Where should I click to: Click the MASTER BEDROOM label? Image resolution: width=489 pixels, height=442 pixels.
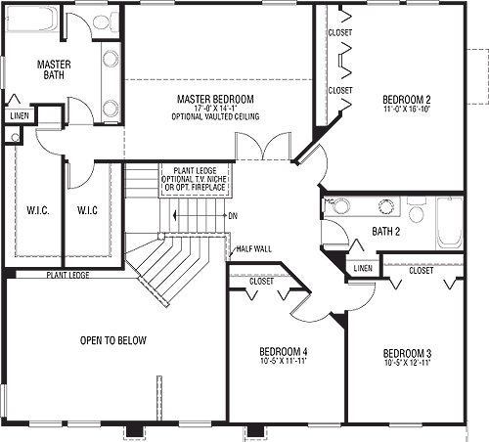(215, 99)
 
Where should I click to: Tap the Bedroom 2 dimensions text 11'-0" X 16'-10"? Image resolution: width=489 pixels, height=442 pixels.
(407, 109)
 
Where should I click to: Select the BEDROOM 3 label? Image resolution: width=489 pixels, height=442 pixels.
(407, 353)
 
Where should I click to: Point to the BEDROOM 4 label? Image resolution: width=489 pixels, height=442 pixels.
(284, 352)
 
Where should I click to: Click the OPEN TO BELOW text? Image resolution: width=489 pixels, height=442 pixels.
(113, 340)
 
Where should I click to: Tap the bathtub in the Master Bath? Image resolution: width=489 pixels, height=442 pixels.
(32, 19)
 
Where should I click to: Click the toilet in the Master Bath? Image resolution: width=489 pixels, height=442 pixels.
(106, 22)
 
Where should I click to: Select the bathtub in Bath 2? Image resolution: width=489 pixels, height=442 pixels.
(450, 224)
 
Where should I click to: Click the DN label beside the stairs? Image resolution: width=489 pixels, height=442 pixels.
(233, 216)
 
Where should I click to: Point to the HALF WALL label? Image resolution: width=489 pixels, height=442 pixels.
(254, 249)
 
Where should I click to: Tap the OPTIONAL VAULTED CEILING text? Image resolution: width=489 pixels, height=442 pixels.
(215, 116)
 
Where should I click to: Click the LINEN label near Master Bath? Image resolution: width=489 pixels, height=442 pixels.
(20, 115)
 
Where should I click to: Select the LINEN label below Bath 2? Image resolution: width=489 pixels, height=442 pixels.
(363, 268)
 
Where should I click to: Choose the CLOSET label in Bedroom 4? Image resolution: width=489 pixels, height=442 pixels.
(261, 281)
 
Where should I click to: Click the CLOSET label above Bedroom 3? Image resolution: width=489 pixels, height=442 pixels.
(422, 271)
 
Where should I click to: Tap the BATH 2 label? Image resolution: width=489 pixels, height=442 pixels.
(386, 232)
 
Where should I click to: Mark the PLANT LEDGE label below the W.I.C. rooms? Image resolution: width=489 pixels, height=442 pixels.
(67, 275)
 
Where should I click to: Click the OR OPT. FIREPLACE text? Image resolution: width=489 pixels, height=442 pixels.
(195, 188)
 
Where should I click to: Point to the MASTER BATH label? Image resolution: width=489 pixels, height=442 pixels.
(54, 69)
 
